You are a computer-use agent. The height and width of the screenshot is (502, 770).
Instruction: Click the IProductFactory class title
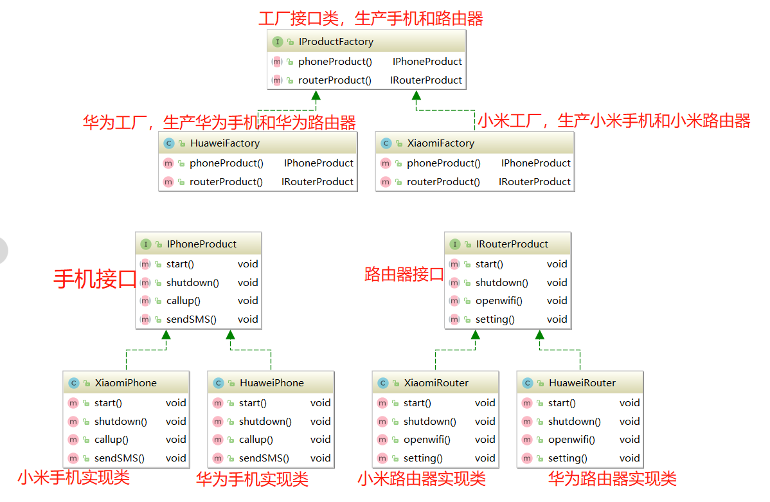tap(336, 42)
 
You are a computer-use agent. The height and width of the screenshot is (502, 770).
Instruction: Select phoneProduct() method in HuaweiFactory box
tap(226, 163)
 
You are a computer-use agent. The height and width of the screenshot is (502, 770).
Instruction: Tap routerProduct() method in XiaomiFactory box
tap(443, 182)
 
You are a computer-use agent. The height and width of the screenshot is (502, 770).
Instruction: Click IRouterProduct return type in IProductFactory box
tap(426, 80)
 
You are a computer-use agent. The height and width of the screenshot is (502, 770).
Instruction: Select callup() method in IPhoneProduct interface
tap(183, 301)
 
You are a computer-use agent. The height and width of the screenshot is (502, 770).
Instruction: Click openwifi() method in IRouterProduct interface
tap(499, 301)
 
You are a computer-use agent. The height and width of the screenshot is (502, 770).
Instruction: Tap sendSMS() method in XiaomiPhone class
tap(119, 458)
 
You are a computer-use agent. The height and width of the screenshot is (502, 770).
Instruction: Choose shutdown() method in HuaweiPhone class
tap(265, 422)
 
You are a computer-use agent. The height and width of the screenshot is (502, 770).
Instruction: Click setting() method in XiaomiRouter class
tap(423, 458)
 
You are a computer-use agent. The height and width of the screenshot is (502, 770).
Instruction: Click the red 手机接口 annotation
tap(94, 279)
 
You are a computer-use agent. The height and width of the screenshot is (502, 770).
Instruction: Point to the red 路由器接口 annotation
tap(404, 274)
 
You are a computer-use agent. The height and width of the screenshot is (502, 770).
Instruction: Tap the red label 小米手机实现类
tap(74, 478)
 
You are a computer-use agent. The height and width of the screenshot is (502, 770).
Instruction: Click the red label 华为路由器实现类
tap(612, 478)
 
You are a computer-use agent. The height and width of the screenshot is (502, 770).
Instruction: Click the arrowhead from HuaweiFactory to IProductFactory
tap(316, 96)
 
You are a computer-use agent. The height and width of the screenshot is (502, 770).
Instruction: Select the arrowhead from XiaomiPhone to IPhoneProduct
tap(166, 334)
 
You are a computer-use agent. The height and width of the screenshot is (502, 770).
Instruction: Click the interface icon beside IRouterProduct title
tap(455, 244)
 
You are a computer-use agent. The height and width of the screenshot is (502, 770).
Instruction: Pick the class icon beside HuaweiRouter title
tap(528, 383)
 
